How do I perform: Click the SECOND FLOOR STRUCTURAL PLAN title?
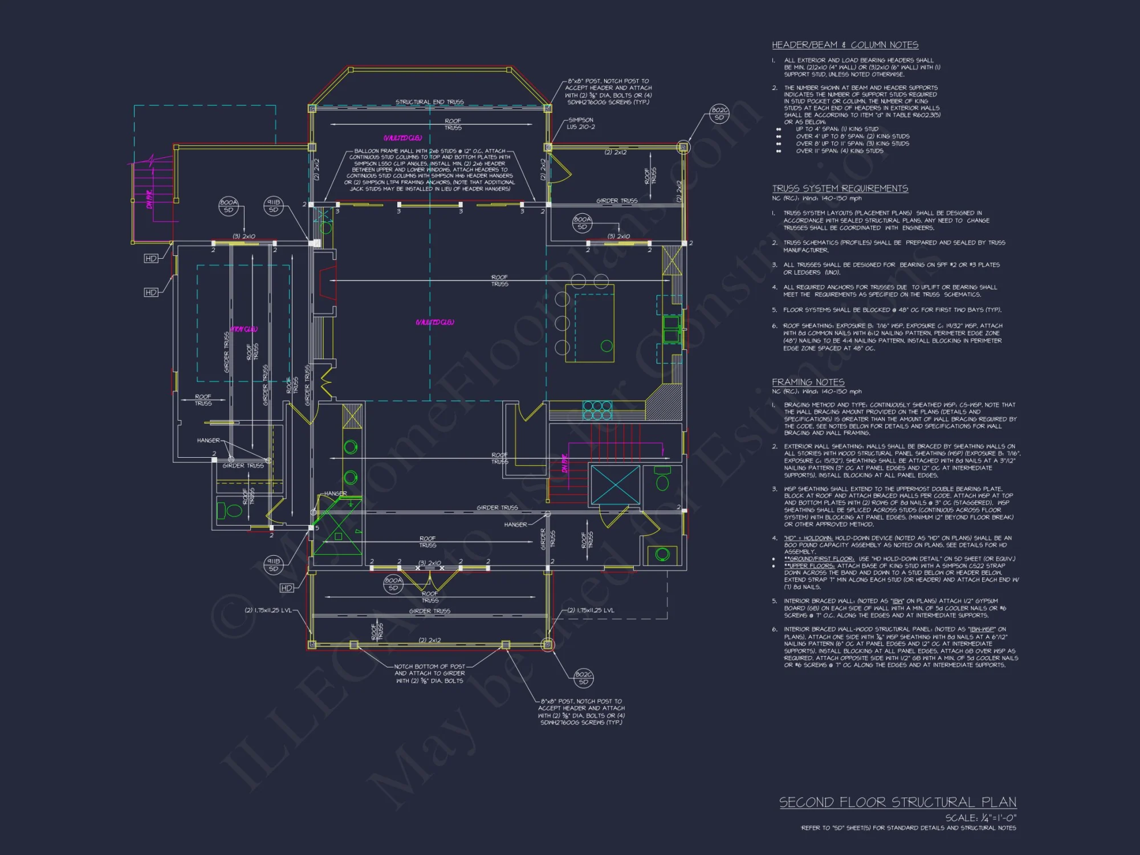point(898,802)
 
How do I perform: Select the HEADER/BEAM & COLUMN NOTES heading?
point(845,45)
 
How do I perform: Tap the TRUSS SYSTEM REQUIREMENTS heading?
point(840,189)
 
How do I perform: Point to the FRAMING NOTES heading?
point(808,382)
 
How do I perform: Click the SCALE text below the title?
point(980,817)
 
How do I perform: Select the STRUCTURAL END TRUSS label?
point(429,102)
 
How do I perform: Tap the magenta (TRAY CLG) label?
point(244,329)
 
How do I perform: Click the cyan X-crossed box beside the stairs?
point(615,484)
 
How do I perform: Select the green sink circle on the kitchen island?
point(606,345)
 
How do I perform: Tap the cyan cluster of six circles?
point(597,410)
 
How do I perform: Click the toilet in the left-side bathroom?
point(230,510)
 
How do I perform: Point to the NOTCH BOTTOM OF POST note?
point(429,673)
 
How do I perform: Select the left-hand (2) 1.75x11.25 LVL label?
point(268,610)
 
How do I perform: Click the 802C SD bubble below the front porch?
point(584,678)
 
